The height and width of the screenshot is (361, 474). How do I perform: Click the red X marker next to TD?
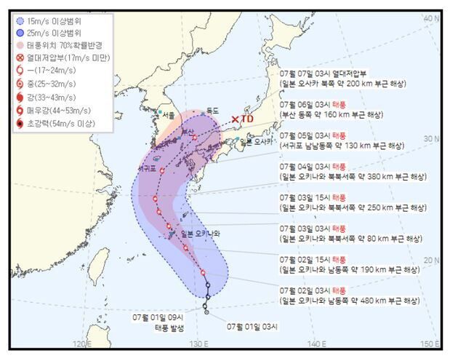[x=234, y=119]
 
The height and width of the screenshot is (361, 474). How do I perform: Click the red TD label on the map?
[x=247, y=119]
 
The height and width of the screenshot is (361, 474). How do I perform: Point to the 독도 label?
[x=213, y=110]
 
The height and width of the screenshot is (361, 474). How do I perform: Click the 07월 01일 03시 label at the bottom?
[x=252, y=326]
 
